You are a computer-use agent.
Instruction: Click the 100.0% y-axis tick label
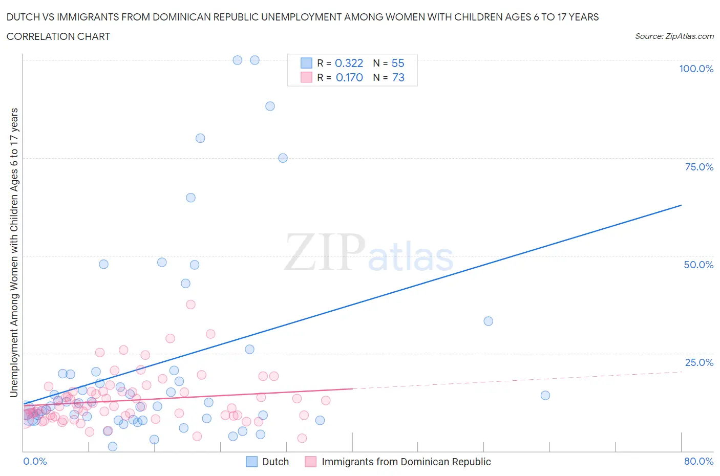click(696, 69)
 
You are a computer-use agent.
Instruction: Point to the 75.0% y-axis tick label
click(698, 167)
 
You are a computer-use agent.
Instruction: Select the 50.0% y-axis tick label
click(698, 265)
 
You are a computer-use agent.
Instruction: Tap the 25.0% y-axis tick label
click(698, 362)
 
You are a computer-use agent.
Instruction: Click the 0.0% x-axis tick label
click(35, 461)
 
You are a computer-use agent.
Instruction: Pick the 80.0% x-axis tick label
click(698, 461)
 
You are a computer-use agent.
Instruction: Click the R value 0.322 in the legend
click(349, 63)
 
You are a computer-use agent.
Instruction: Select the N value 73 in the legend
click(398, 77)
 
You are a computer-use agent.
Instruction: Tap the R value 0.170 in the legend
click(349, 77)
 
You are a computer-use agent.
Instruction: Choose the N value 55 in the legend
click(398, 63)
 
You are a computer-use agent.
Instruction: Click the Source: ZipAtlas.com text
click(674, 36)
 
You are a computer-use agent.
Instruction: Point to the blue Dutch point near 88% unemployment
click(270, 106)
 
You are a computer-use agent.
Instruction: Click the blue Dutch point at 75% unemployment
click(283, 158)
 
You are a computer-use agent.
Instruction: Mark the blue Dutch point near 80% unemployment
click(200, 138)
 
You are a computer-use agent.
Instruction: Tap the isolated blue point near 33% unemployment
click(488, 321)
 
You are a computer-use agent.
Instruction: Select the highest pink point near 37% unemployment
click(190, 304)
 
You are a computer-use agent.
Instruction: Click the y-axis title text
click(14, 253)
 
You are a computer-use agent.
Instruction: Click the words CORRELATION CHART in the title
click(58, 36)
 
